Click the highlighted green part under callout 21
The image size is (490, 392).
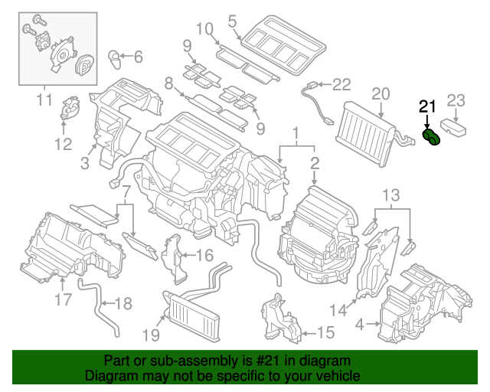point(432,139)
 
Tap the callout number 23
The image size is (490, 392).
point(456,100)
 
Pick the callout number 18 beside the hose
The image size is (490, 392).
point(122,304)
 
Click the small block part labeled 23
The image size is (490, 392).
point(454,127)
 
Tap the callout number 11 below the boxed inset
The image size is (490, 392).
point(43,100)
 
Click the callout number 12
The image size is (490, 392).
point(63,143)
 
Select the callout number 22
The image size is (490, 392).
point(341,84)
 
